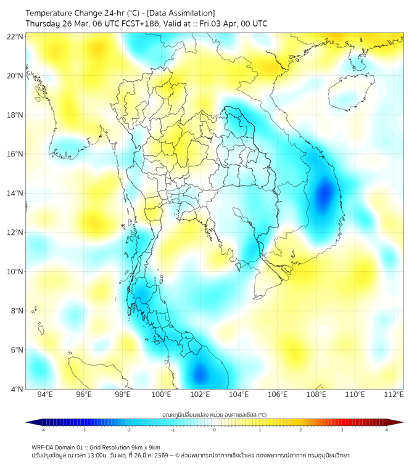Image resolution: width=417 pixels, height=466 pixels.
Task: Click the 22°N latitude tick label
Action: tap(15, 36)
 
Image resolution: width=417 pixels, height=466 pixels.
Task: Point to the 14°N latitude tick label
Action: tap(15, 194)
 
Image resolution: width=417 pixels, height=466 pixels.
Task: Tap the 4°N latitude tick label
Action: tap(17, 389)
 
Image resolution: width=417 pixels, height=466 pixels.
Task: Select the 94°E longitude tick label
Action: tap(45, 394)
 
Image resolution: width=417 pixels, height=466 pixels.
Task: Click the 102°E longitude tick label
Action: tap(200, 394)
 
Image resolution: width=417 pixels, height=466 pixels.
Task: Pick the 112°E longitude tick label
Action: tap(394, 394)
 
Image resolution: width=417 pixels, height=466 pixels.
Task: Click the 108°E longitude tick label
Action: tap(316, 394)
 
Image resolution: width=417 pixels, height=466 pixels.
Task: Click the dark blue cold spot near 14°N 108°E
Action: tap(324, 195)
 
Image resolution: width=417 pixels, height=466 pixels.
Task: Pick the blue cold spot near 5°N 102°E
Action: tap(200, 374)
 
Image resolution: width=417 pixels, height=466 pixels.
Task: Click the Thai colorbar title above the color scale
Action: tap(214, 415)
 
